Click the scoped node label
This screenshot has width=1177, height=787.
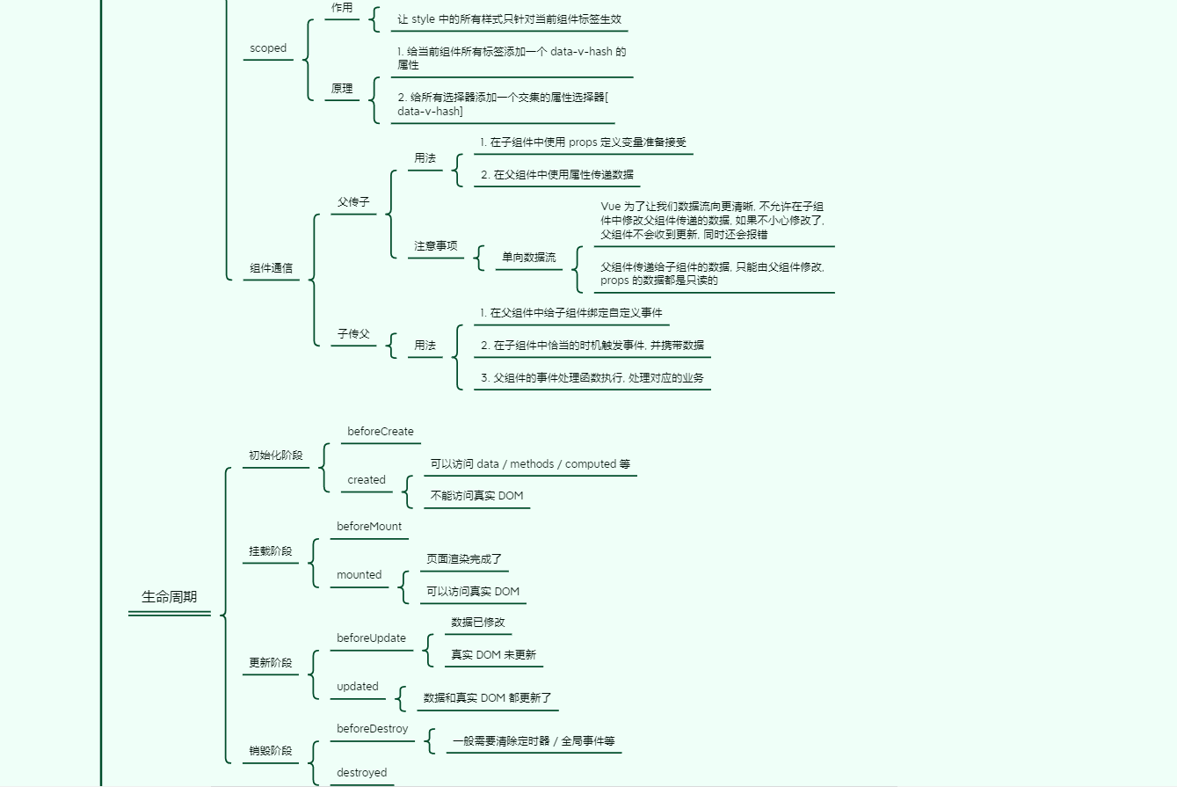268,48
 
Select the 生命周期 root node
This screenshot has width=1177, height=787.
170,597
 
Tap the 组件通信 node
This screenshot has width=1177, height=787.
271,269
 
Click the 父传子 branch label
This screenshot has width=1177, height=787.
353,202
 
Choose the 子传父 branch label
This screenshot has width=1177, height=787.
353,334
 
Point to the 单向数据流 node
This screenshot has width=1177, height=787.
528,258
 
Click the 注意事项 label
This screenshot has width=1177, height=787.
436,246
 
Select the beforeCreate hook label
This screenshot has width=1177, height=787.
381,432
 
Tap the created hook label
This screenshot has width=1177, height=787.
367,480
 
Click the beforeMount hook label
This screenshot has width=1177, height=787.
369,527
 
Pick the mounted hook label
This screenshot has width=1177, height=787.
360,575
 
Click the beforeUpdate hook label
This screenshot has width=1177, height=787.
372,638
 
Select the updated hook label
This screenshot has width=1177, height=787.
358,687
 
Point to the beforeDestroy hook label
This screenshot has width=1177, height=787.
373,729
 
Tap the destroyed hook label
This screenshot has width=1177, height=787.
362,773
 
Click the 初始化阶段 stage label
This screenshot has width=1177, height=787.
275,455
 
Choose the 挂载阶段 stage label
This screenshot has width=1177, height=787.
270,551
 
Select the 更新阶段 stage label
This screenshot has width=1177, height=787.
270,663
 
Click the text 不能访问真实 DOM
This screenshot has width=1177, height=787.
476,496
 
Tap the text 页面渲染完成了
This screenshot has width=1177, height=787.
464,559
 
